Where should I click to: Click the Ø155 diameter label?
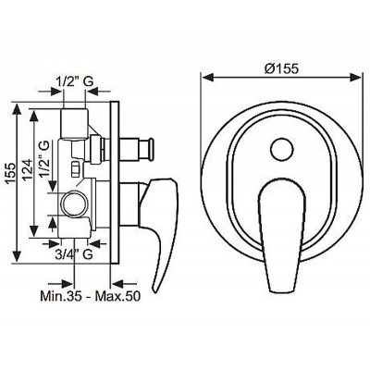pos(281,68)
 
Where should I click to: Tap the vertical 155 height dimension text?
pos(10,173)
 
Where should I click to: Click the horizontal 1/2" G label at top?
pos(75,81)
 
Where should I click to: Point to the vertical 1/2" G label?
pos(43,158)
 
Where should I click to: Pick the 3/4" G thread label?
pos(74,254)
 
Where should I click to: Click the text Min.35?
pos(61,296)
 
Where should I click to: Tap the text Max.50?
pos(117,296)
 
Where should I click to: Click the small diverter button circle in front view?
pos(281,149)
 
